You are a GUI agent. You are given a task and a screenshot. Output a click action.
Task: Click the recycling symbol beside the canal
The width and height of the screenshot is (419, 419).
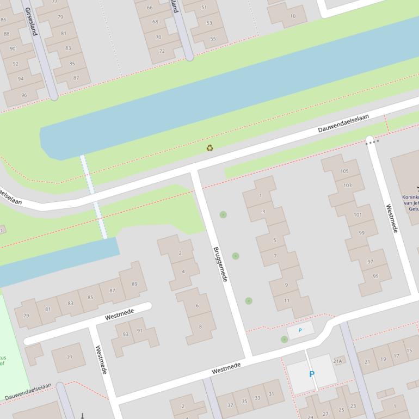209,147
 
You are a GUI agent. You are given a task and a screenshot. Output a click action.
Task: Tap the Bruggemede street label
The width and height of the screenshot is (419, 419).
220,264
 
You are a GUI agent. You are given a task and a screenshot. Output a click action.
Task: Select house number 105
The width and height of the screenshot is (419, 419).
344,171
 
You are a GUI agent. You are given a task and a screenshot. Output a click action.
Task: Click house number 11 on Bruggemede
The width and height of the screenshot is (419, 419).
287,300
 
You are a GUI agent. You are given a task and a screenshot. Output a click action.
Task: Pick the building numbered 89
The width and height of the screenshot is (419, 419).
134,284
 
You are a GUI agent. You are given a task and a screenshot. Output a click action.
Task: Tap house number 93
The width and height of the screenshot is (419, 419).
125,334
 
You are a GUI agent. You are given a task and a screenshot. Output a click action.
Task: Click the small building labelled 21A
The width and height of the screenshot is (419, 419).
337,361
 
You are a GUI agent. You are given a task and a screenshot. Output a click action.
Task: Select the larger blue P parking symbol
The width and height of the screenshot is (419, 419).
312,374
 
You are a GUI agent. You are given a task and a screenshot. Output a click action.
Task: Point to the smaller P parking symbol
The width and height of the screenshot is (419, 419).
300,330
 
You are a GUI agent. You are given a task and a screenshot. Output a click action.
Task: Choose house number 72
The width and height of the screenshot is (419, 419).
162,52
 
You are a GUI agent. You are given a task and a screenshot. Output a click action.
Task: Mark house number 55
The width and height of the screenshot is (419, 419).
213,38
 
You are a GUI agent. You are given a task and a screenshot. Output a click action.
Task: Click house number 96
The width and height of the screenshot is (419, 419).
24,95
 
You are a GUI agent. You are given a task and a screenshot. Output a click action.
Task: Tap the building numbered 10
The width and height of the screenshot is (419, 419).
293,16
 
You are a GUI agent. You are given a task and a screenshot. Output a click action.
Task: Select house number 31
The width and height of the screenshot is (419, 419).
271,395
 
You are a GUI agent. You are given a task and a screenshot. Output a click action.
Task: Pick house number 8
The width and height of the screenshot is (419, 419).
200,326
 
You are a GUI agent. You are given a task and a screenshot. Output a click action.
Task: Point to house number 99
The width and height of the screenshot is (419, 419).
362,233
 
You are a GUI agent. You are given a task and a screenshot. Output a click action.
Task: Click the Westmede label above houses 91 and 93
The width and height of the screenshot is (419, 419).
119,314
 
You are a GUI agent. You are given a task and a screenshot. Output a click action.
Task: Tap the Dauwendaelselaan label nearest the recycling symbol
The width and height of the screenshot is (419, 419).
343,124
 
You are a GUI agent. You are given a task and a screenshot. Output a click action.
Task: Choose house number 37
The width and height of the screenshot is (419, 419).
230,405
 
